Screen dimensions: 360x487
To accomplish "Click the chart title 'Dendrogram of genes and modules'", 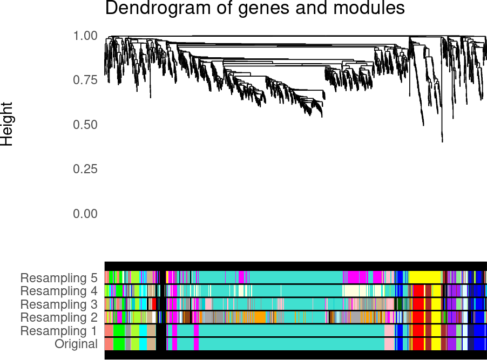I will coord(255,8).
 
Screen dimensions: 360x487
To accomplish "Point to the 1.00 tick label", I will coord(85,36).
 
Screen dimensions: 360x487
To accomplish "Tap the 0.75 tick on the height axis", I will coord(85,80).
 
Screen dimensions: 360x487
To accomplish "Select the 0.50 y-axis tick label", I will coord(85,125).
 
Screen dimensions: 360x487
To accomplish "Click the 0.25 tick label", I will coord(85,169).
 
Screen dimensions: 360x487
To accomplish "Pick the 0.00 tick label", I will coord(85,214).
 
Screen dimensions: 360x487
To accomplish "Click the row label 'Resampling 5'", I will coord(59,278).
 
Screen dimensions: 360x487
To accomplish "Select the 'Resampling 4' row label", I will coord(59,291).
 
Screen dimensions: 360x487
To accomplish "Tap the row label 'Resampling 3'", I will coord(59,304).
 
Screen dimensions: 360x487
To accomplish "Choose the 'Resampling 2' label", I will coord(59,317).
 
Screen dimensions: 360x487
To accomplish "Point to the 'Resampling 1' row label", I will coord(59,331).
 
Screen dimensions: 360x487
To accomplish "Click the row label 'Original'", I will coord(76,344).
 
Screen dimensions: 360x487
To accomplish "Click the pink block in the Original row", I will coord(389,344).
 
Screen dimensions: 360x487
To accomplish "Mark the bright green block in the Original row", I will coord(119,344).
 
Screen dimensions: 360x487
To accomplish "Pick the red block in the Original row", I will coord(418,344).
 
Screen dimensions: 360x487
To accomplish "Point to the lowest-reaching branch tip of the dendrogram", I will coord(442,141).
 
